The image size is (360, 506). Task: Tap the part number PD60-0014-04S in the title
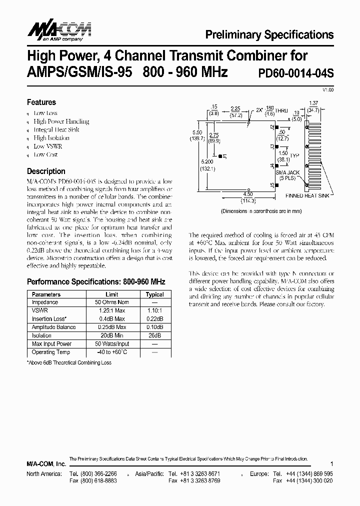295,73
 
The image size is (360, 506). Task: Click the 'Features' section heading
41,102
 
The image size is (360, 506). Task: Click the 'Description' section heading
46,171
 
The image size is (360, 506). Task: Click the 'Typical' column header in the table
154,294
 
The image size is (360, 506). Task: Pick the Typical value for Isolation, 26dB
154,335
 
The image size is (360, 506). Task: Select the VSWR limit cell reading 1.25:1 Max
112,310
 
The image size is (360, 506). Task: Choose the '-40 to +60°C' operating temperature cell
112,352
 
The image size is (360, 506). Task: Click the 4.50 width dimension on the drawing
246,195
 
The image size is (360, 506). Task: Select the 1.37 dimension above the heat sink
314,102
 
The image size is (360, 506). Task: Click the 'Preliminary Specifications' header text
269,34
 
